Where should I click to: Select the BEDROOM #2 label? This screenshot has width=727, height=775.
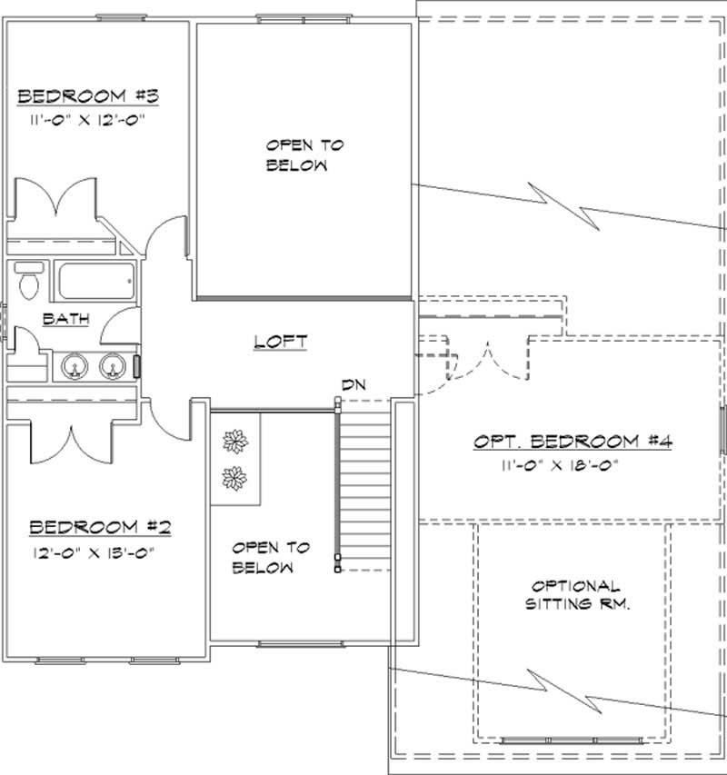point(95,527)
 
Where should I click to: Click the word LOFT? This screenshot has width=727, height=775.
point(281,342)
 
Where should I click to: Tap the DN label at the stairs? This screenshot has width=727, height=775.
point(353,385)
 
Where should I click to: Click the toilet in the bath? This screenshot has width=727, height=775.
point(28,279)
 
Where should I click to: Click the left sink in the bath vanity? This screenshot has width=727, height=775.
point(75,365)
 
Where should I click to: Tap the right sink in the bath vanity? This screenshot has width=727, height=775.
point(112,365)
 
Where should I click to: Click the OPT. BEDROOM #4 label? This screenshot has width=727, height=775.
point(573,442)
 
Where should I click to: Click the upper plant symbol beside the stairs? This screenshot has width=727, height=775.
point(236,442)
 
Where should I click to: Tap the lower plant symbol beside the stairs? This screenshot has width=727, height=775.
point(236,477)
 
